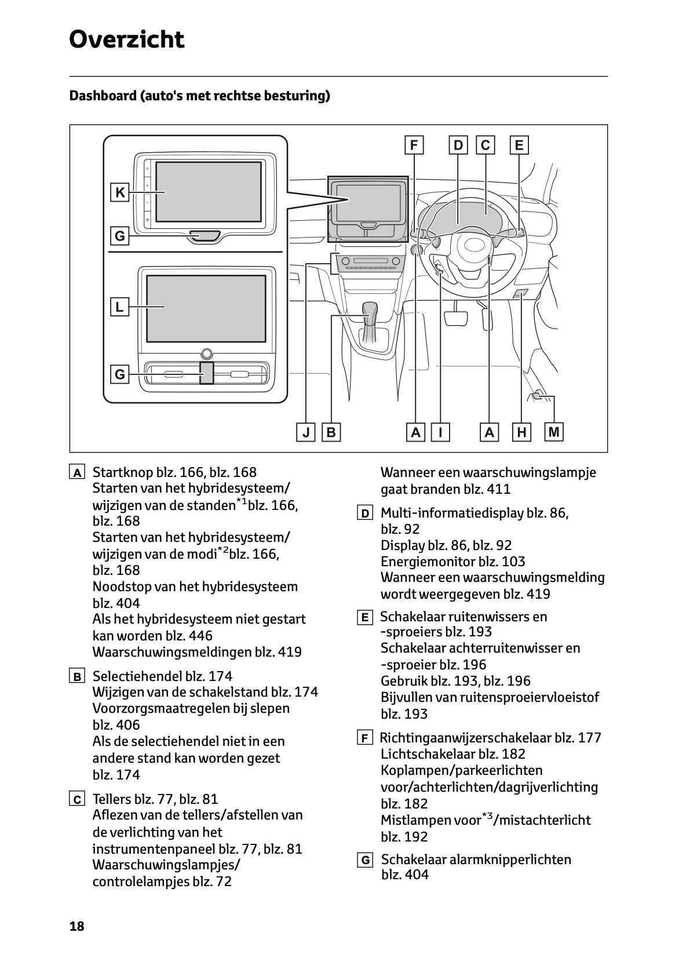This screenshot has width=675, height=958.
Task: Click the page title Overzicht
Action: coord(126,40)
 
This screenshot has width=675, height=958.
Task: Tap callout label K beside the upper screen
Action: coord(120,192)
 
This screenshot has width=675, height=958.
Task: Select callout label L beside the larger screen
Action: coord(119,307)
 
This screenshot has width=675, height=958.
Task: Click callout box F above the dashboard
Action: coord(414,145)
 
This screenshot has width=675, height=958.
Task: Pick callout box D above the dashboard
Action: coord(458,145)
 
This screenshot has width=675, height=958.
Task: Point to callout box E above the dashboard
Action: coord(519,145)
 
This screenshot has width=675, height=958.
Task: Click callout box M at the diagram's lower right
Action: coord(554,432)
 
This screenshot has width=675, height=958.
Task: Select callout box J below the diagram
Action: coord(305,432)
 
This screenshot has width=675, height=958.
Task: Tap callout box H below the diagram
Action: coord(522,432)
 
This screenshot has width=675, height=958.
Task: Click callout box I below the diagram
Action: coord(441,432)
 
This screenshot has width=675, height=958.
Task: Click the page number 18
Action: coord(76,926)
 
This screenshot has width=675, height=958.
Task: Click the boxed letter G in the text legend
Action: coord(365,860)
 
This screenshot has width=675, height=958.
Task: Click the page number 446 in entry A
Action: coord(200,635)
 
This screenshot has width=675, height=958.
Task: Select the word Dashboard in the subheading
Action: coord(102,96)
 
